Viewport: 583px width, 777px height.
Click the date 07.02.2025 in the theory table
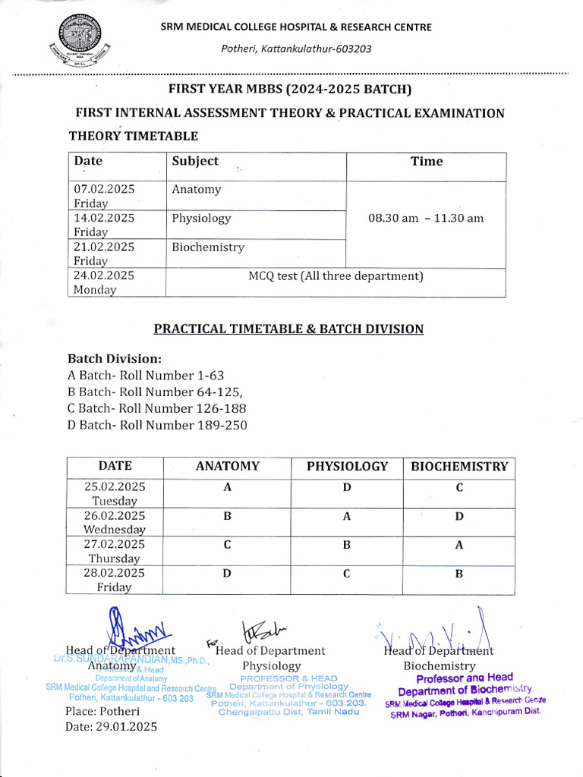point(104,190)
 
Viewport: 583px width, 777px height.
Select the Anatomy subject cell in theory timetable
point(196,190)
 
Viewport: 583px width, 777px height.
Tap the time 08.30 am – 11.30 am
point(425,219)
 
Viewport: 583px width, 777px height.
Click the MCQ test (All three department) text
point(336,276)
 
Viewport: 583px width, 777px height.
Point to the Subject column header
point(195,161)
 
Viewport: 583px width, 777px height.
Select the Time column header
point(426,161)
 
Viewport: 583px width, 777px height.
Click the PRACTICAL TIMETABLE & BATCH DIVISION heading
point(288,329)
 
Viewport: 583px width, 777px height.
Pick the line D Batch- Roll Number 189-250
point(157,425)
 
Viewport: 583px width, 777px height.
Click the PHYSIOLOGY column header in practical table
point(347,467)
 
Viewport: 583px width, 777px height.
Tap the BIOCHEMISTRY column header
point(459,467)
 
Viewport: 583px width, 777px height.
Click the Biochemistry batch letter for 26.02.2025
point(459,517)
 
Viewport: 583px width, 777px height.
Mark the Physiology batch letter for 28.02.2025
point(346,574)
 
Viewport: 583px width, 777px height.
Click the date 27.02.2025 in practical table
point(115,545)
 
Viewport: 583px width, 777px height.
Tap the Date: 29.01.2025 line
point(111,726)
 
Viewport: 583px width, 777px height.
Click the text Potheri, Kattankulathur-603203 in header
point(296,49)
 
